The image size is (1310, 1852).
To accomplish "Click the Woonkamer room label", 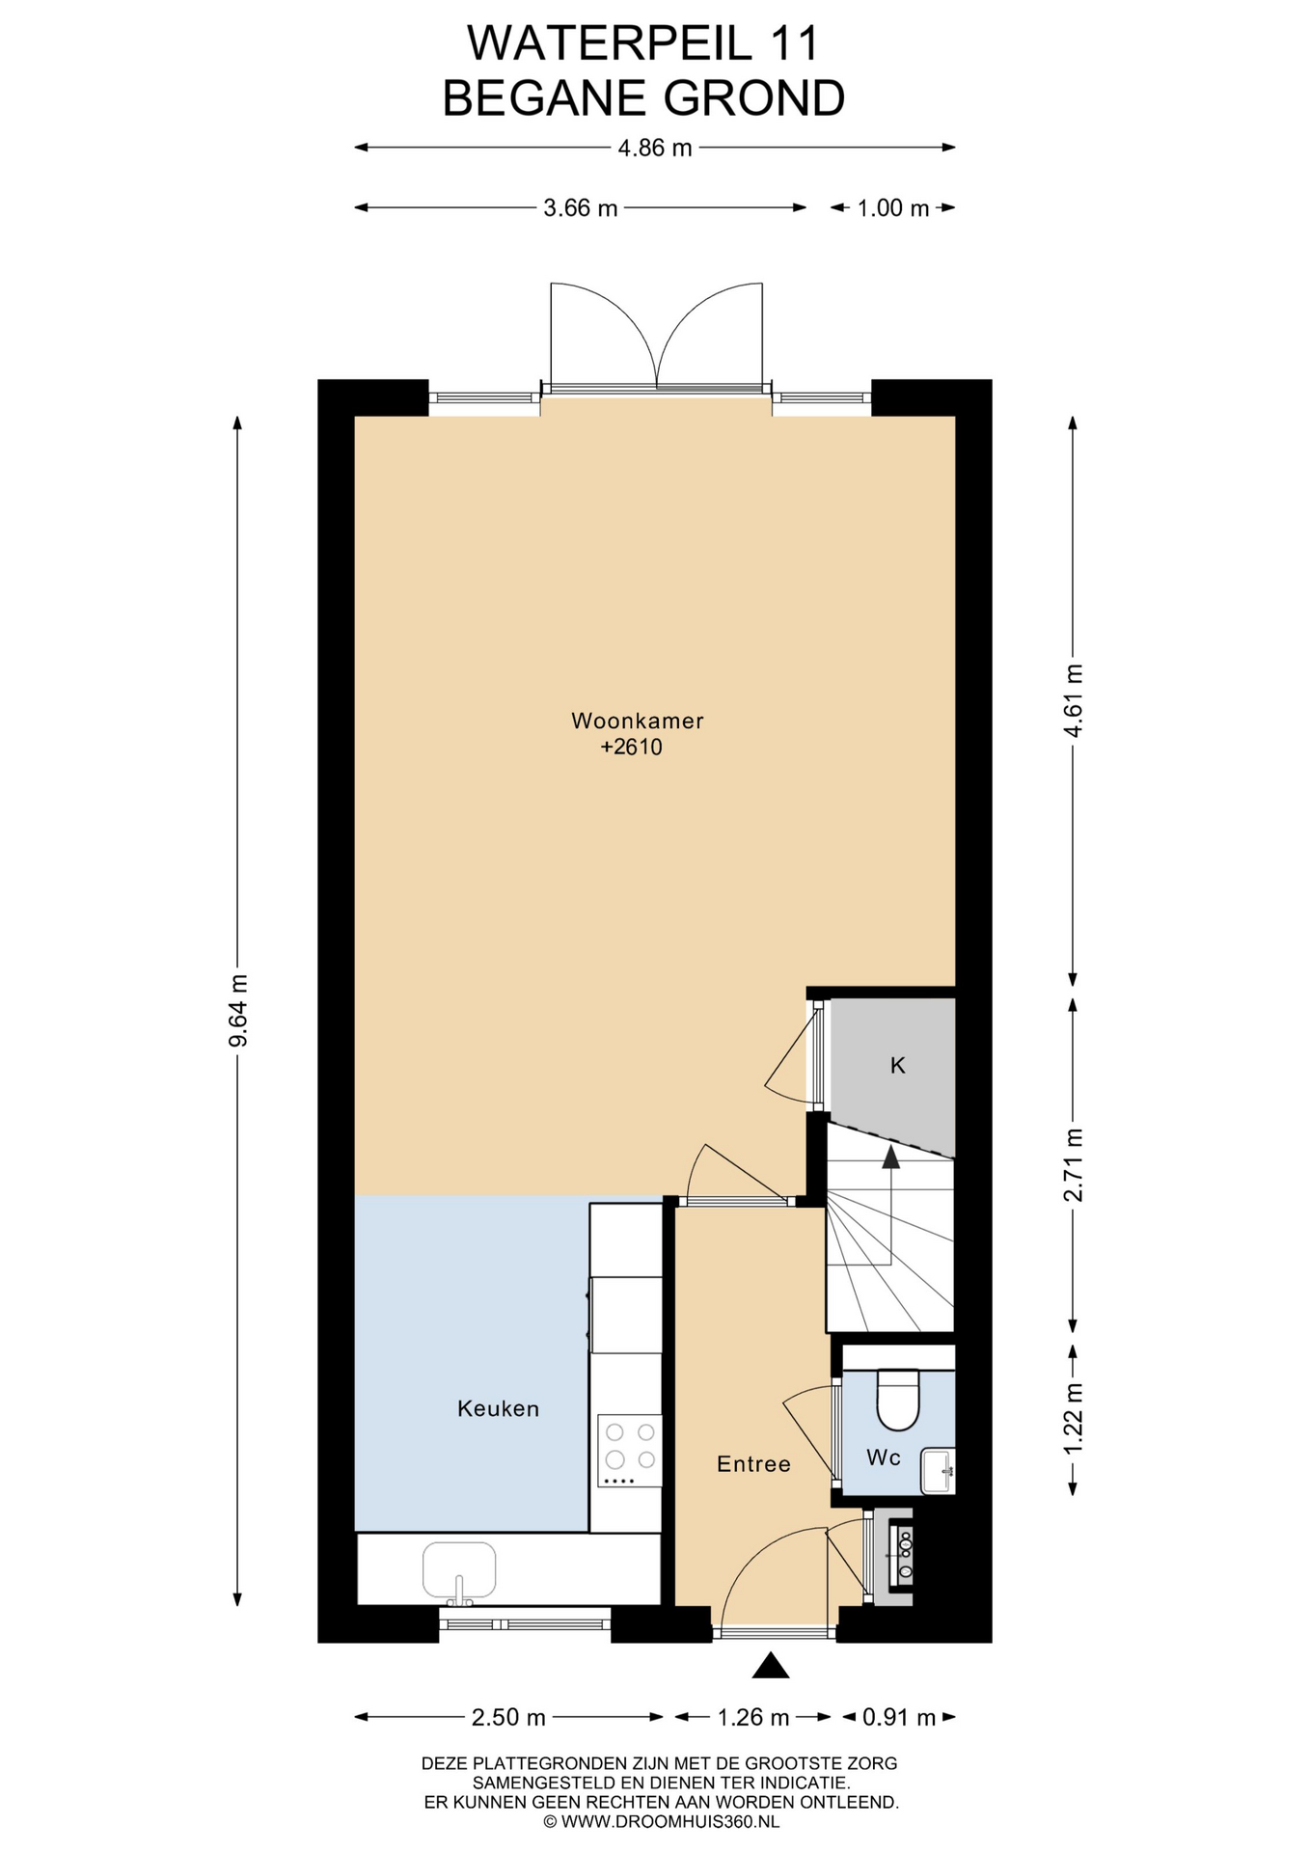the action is pyautogui.click(x=637, y=721).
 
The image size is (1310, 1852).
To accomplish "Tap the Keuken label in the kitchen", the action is pyautogui.click(x=498, y=1408).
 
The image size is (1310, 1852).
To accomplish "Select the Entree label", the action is pyautogui.click(x=753, y=1464).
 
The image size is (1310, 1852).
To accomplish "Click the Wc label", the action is pyautogui.click(x=884, y=1457).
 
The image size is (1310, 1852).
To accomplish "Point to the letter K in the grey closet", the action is pyautogui.click(x=897, y=1065).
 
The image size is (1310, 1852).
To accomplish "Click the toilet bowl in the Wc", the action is pyautogui.click(x=898, y=1400).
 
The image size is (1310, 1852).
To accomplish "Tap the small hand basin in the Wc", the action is pyautogui.click(x=938, y=1471).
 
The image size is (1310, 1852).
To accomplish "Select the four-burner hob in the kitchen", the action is pyautogui.click(x=629, y=1451).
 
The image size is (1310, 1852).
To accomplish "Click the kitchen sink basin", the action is pyautogui.click(x=459, y=1569).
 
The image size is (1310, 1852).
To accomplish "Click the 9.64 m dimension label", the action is pyautogui.click(x=238, y=1010).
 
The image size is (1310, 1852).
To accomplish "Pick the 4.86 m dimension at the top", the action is pyautogui.click(x=655, y=148).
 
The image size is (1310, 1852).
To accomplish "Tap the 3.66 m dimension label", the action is pyautogui.click(x=581, y=207).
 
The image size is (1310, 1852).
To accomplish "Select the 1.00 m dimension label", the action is pyautogui.click(x=893, y=207).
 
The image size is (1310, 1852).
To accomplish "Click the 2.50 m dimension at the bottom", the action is pyautogui.click(x=508, y=1717).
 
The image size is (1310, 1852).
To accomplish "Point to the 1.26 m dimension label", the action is pyautogui.click(x=753, y=1717).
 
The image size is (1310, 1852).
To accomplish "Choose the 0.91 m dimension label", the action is pyautogui.click(x=899, y=1717).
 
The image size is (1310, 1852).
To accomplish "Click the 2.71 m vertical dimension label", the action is pyautogui.click(x=1073, y=1165).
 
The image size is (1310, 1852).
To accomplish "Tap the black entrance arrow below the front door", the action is pyautogui.click(x=771, y=1665).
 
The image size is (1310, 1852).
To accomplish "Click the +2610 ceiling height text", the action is pyautogui.click(x=632, y=747).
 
